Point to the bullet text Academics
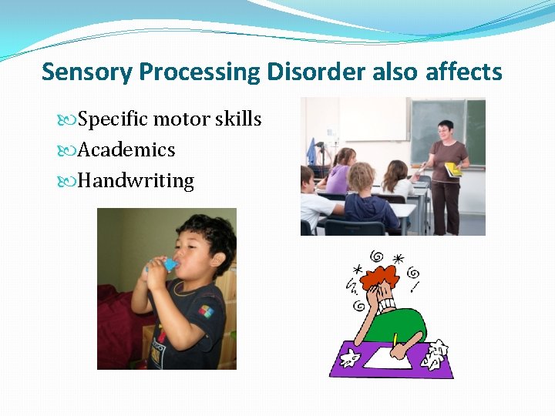126,149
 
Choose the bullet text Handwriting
136,180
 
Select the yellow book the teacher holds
452,168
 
